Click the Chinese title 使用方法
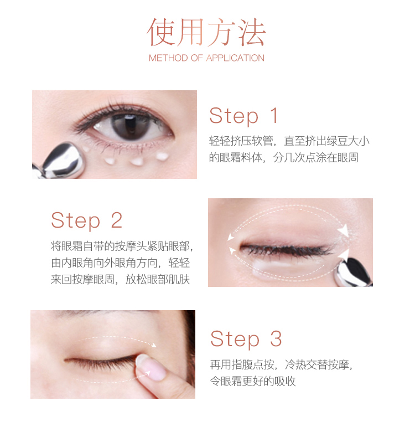206,32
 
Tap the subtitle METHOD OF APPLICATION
206,58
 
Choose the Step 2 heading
87,221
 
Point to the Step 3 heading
246,339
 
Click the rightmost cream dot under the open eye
162,156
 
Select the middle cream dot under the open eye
137,161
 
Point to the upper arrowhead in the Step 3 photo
153,346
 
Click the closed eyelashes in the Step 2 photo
287,249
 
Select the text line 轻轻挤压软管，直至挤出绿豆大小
289,141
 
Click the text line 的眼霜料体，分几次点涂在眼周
284,158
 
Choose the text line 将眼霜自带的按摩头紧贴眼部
121,246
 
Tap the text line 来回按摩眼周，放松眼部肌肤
120,280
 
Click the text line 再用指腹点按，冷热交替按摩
281,364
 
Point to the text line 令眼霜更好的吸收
253,381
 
